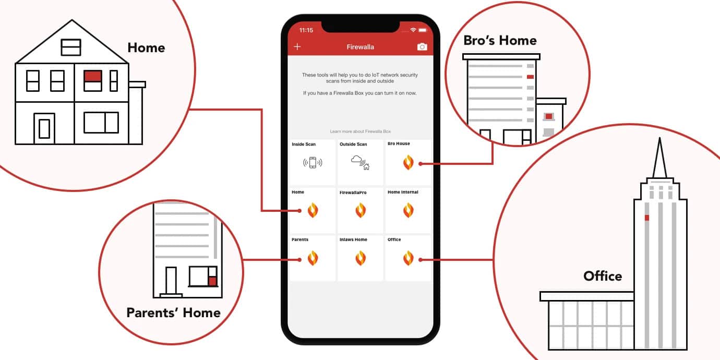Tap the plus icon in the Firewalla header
[x=297, y=47]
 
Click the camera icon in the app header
[x=422, y=47]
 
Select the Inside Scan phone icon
[x=313, y=163]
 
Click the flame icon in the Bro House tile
[x=408, y=162]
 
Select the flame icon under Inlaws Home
[x=361, y=258]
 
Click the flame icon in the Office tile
[x=408, y=258]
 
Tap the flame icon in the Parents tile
[x=313, y=258]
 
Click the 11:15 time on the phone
[x=306, y=30]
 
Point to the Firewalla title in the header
[x=361, y=47]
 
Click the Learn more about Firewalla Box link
[x=361, y=131]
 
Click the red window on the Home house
[x=93, y=77]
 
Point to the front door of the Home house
[x=44, y=128]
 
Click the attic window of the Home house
[x=71, y=47]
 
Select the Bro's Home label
[x=500, y=41]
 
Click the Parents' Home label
[x=174, y=313]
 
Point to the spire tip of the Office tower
[x=659, y=138]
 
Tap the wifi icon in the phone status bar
[x=413, y=30]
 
